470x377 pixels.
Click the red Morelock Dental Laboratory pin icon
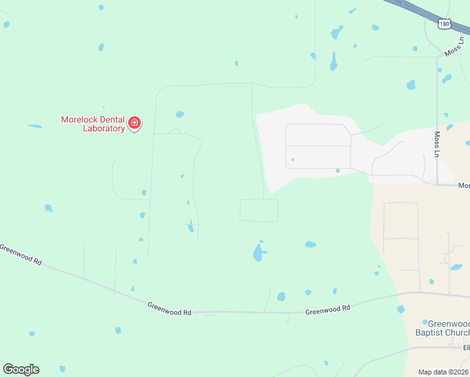tap(134, 123)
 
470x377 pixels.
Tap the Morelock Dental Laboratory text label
tap(92, 124)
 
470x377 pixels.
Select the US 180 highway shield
tap(444, 23)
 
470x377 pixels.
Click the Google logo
tap(21, 369)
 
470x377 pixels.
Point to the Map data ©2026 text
tap(443, 372)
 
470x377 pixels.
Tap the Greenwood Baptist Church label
tap(443, 328)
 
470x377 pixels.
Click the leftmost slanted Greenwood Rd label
tap(20, 254)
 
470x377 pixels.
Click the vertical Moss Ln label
tap(437, 144)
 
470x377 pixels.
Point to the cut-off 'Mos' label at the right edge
tap(464, 185)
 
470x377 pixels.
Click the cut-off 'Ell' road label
tap(466, 347)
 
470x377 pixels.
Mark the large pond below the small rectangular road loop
tap(258, 253)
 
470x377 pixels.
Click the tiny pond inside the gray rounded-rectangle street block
tap(293, 160)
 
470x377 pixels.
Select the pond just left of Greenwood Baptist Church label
tap(401, 310)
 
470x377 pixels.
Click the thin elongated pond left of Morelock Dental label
tap(35, 126)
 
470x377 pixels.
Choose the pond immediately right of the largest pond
tap(310, 244)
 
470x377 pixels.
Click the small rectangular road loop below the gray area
tap(259, 210)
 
